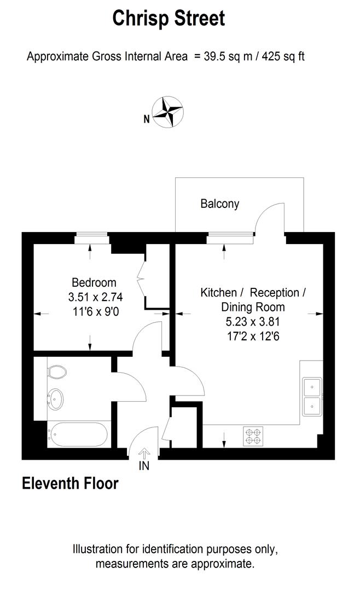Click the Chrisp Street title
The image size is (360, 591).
169,19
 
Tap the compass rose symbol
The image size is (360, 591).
167,112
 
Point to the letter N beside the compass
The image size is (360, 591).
146,118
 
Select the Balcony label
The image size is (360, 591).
220,204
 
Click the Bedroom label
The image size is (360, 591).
94,283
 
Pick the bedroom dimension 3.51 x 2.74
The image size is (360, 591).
94,298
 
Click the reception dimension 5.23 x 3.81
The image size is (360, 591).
253,321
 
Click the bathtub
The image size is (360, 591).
78,434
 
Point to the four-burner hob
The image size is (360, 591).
253,435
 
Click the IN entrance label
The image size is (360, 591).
144,466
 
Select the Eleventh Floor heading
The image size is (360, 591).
70,484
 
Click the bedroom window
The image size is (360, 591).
92,237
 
